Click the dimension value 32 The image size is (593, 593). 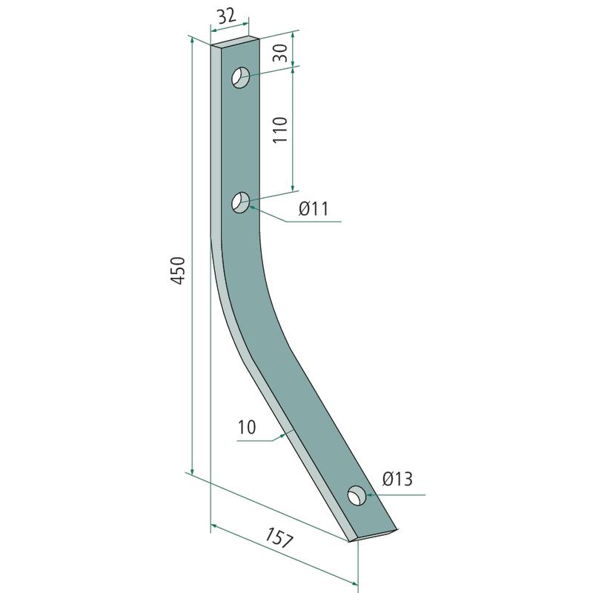[x=227, y=16]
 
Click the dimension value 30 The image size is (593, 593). [x=281, y=53]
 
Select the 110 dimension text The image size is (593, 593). [x=280, y=130]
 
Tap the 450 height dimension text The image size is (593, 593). [x=178, y=270]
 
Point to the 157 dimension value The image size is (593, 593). [x=279, y=538]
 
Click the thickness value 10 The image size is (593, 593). [x=247, y=427]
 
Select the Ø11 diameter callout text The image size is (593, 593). [x=314, y=209]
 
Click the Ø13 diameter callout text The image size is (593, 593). [x=397, y=479]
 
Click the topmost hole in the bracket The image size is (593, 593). [x=241, y=78]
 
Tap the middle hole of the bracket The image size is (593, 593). [x=241, y=202]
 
